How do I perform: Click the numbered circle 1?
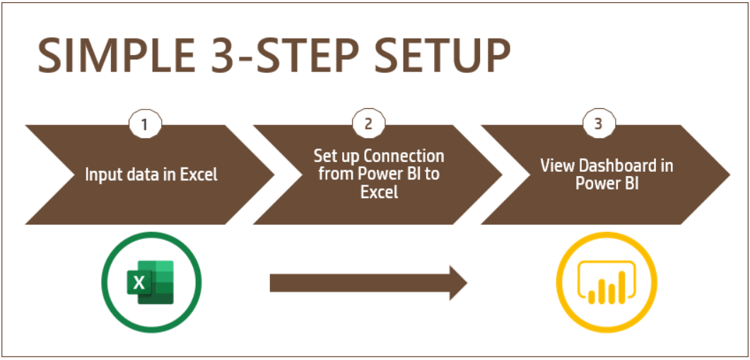coord(145,124)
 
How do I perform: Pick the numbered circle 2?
coord(368,124)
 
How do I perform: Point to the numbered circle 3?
coord(598,124)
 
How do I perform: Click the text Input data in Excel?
coord(151,175)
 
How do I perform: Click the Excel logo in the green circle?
coord(151,282)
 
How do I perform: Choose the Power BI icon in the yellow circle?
coord(607,282)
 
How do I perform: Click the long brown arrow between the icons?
coord(368,283)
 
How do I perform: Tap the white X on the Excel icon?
coord(139,283)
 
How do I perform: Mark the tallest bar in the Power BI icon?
coord(622,286)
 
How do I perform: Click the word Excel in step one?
coord(199,175)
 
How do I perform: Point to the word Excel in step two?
coord(379,192)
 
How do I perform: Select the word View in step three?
coord(552,166)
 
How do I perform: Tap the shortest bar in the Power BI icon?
coord(592,297)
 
